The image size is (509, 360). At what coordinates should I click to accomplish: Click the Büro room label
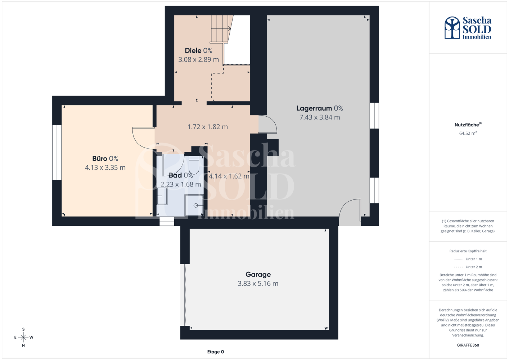(x=105, y=158)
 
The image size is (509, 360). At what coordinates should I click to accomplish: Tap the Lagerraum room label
(x=320, y=108)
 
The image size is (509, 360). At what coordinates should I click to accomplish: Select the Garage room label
(x=258, y=275)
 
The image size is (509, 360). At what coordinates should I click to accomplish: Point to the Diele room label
(x=199, y=50)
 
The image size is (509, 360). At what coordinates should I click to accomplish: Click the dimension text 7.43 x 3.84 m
(x=320, y=117)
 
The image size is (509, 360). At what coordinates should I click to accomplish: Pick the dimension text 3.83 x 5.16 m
(x=258, y=284)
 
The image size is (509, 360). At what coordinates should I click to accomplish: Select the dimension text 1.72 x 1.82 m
(x=207, y=127)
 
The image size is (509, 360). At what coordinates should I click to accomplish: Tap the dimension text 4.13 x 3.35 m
(x=105, y=168)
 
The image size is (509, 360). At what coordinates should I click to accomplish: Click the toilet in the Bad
(x=194, y=165)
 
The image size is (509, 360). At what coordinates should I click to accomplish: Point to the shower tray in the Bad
(x=194, y=205)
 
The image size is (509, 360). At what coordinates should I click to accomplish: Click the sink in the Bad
(x=162, y=196)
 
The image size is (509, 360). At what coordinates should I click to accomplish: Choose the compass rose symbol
(x=23, y=337)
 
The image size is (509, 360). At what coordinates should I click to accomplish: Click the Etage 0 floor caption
(x=215, y=352)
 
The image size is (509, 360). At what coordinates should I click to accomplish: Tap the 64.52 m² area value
(x=468, y=133)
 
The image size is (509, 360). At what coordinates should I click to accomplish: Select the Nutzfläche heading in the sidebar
(x=468, y=125)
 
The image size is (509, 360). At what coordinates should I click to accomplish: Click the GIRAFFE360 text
(x=468, y=345)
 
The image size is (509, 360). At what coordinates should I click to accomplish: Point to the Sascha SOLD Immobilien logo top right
(x=468, y=28)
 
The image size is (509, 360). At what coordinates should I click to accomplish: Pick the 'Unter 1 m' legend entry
(x=468, y=259)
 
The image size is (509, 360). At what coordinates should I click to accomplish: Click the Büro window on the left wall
(x=57, y=152)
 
